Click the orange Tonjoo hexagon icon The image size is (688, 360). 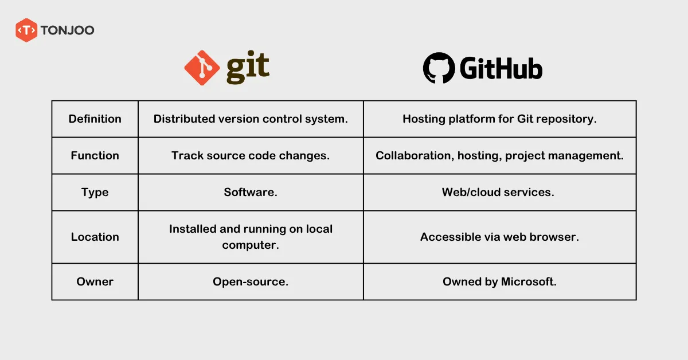tap(26, 30)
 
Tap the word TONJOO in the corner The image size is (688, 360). tap(67, 30)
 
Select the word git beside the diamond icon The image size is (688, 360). tap(247, 68)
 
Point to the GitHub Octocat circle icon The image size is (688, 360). tap(439, 68)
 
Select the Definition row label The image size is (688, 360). tap(95, 119)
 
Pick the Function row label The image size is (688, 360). tap(95, 155)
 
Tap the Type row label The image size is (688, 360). tap(95, 192)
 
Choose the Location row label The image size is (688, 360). tap(95, 237)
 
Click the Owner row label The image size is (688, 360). tap(95, 281)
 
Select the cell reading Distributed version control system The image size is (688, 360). tap(251, 119)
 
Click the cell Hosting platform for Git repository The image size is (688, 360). tap(499, 119)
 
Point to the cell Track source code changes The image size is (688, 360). tap(251, 155)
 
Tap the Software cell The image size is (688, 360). tap(251, 192)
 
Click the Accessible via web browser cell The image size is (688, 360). tap(499, 237)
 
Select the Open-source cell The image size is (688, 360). tap(251, 281)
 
